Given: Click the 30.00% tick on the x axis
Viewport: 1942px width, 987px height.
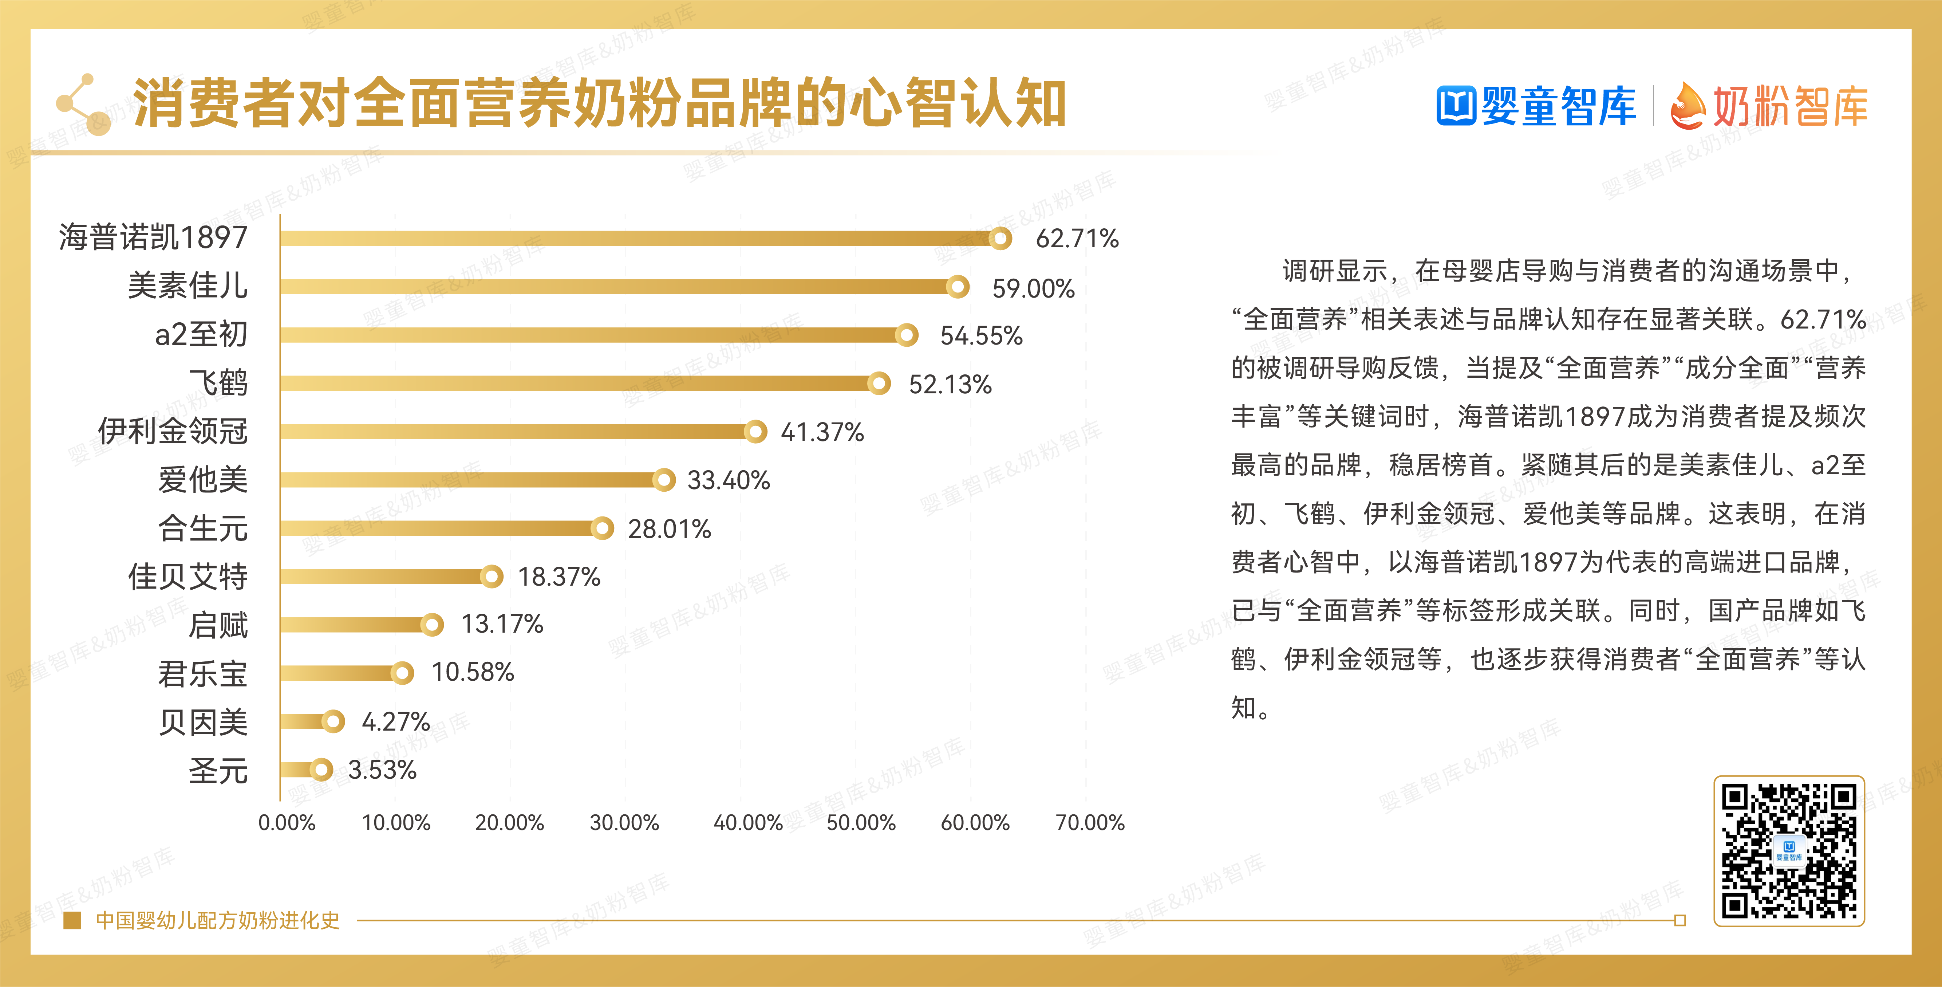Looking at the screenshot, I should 624,823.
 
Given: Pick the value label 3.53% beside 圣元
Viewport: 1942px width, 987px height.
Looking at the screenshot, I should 382,770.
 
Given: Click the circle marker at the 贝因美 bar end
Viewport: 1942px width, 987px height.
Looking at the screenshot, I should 333,721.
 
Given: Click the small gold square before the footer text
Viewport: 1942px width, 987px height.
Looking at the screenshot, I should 72,921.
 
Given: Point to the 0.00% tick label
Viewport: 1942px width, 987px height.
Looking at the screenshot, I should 287,823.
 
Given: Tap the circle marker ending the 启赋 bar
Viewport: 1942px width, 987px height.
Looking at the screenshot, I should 432,624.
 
